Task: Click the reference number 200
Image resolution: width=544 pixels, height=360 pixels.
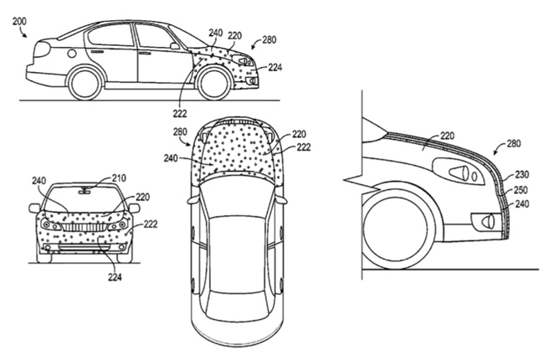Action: [19, 22]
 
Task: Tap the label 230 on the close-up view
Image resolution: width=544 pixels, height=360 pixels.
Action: [521, 174]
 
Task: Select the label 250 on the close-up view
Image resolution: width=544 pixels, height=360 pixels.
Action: [521, 190]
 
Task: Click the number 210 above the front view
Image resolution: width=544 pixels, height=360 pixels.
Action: [119, 178]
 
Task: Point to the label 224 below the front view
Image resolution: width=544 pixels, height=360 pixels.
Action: [115, 277]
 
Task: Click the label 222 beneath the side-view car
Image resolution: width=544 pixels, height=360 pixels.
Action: [180, 113]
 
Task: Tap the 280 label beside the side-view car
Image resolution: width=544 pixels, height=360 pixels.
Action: [269, 40]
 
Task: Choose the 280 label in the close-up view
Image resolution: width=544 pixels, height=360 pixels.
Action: [514, 143]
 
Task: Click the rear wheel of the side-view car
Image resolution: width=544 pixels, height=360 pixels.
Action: [85, 84]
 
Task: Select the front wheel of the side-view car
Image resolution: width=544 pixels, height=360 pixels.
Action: [213, 84]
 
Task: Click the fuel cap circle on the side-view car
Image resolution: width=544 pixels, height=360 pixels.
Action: [72, 54]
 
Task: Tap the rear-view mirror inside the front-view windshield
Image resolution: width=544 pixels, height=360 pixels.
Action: [85, 190]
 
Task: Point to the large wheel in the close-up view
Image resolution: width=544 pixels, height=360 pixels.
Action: [396, 229]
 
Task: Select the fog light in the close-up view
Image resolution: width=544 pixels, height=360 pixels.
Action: [485, 220]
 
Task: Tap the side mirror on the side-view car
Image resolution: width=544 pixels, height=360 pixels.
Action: [175, 46]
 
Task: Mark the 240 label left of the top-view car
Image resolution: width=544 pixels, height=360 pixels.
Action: [171, 158]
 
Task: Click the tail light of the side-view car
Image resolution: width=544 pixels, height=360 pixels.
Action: [41, 49]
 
